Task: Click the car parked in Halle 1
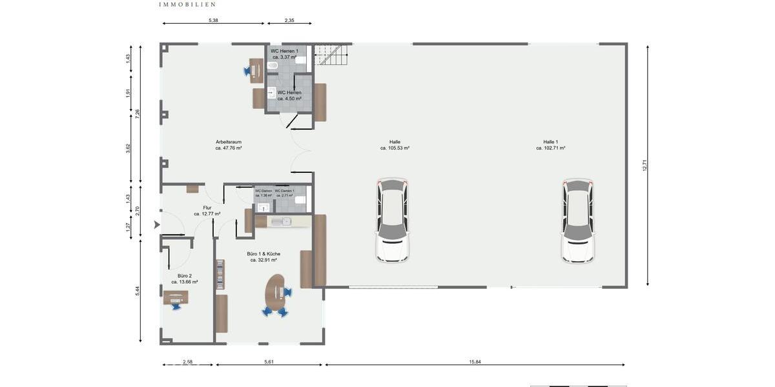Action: click(577, 221)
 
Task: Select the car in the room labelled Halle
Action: click(393, 221)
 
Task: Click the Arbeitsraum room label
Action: click(229, 142)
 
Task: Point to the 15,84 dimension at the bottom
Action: click(475, 362)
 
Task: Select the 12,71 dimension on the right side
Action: click(644, 165)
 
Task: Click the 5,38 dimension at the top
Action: click(213, 21)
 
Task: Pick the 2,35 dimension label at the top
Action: click(289, 21)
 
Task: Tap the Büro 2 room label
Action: click(185, 275)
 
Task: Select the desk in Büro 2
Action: click(176, 297)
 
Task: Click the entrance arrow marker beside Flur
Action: click(156, 225)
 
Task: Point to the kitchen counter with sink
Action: click(283, 221)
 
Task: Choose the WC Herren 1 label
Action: click(284, 51)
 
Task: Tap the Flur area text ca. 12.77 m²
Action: click(207, 213)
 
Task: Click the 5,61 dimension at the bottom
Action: click(269, 362)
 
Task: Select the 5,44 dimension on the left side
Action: click(138, 291)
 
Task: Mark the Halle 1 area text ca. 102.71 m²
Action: click(550, 148)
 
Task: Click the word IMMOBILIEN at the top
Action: click(187, 4)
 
